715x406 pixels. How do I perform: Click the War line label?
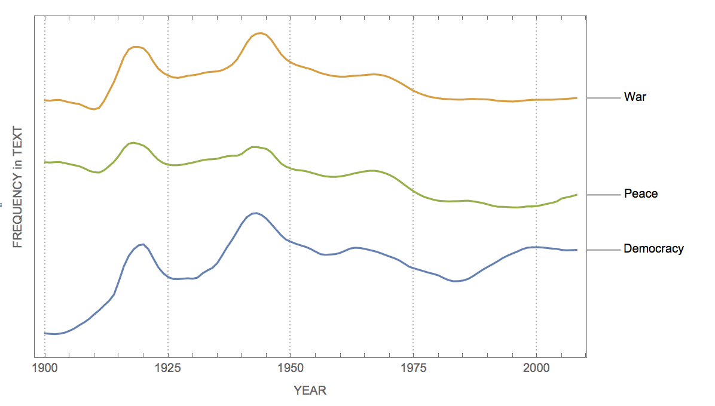635,97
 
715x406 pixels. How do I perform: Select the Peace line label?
640,193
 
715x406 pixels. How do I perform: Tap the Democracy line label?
653,248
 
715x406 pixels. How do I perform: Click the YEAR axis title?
310,390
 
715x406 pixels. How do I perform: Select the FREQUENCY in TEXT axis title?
17,187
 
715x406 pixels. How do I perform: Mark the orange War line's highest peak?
259,33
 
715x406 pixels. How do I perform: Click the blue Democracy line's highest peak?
255,213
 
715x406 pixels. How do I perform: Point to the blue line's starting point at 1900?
45,333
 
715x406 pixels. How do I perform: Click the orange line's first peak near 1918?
136,46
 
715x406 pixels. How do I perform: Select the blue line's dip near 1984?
456,281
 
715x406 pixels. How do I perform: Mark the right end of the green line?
576,195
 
